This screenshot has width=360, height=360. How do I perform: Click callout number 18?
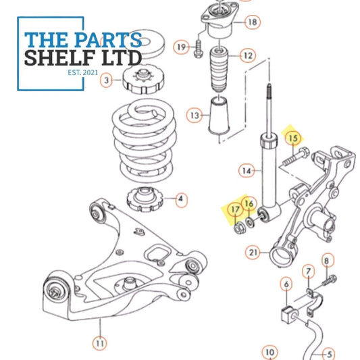pyautogui.click(x=252, y=22)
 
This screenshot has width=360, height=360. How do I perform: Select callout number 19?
pyautogui.click(x=181, y=47)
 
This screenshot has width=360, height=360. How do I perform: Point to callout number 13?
pyautogui.click(x=195, y=115)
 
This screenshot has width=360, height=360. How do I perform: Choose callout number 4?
pyautogui.click(x=180, y=199)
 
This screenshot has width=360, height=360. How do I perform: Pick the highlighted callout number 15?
pyautogui.click(x=292, y=139)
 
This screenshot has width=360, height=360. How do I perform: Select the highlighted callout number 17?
pyautogui.click(x=234, y=210)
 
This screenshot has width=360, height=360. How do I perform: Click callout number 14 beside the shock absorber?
pyautogui.click(x=248, y=172)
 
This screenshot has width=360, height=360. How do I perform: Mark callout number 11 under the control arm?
pyautogui.click(x=99, y=342)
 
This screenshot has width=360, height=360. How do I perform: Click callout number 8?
pyautogui.click(x=327, y=260)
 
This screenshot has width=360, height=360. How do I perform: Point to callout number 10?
pyautogui.click(x=270, y=352)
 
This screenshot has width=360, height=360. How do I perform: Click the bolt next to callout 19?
pyautogui.click(x=199, y=48)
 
